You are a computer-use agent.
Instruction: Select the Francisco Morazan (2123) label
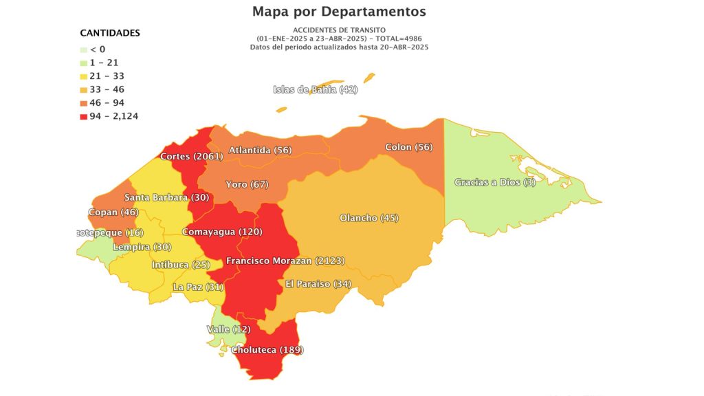285,261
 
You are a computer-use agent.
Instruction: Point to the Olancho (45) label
369,218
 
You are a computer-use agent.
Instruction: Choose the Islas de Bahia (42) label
316,89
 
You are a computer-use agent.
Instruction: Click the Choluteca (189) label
267,350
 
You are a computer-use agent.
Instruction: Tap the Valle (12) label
228,329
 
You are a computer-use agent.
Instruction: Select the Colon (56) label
408,147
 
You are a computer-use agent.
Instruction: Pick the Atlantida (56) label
260,150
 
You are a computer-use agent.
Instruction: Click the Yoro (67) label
247,184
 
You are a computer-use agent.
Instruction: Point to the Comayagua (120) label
222,232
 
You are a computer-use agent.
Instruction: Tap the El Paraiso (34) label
318,284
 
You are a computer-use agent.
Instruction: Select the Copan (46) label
113,212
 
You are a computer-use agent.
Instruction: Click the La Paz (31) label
199,287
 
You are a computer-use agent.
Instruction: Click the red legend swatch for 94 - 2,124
84,116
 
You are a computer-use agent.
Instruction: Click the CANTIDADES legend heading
110,33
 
